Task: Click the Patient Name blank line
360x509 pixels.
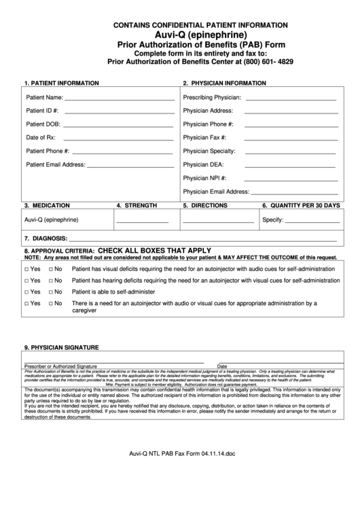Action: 120,99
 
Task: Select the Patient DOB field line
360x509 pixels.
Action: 118,126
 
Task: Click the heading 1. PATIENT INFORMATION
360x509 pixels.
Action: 62,83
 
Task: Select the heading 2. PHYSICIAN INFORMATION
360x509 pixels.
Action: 224,83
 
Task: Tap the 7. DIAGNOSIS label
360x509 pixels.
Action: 46,239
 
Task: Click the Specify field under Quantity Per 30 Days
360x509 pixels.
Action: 312,222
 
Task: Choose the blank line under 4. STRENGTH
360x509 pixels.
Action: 142,222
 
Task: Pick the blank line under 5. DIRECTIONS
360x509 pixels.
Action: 218,222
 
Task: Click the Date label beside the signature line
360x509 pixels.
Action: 222,366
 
